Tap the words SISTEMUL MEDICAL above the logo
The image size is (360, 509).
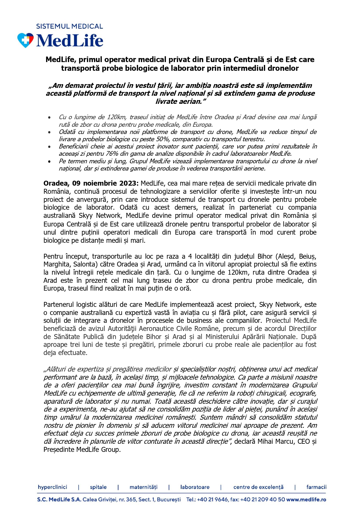tap(69, 26)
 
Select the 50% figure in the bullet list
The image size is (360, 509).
tap(163, 139)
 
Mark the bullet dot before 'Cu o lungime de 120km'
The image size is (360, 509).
tap(50, 117)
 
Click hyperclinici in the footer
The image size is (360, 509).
tap(53, 487)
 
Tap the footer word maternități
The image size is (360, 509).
tap(143, 487)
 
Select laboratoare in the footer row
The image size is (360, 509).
tap(195, 487)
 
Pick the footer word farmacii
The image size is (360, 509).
tap(316, 487)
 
